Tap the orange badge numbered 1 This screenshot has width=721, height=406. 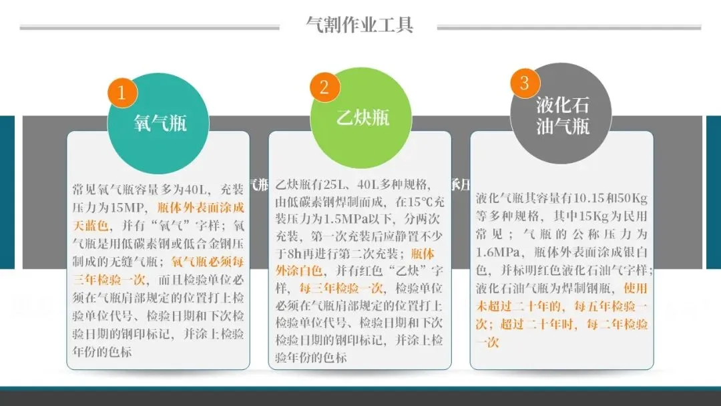pos(122,93)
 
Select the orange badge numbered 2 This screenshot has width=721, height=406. pos(324,87)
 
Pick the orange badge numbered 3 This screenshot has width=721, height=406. pos(524,83)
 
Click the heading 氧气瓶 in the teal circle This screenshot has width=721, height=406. pos(160,123)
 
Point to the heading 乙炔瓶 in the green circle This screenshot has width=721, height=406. pos(362,118)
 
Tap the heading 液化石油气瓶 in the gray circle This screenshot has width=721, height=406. pos(562,116)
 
